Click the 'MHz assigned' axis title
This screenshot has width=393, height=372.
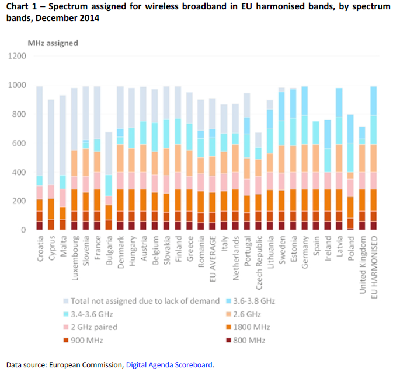pos(53,43)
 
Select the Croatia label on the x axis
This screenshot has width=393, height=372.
pos(40,248)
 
